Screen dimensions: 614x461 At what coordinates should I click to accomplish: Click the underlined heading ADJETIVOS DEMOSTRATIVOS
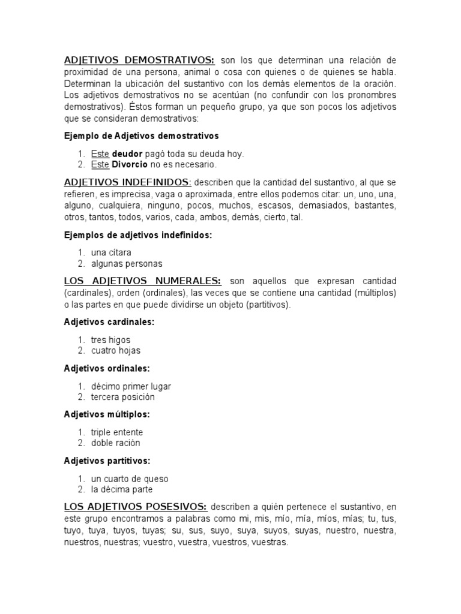(139, 61)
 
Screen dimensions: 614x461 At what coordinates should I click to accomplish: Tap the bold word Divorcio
(131, 164)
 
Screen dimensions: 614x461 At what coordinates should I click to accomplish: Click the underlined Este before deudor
(100, 153)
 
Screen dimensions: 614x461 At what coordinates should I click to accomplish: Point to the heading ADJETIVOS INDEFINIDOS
(128, 182)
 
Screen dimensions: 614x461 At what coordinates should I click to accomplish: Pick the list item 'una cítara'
(111, 252)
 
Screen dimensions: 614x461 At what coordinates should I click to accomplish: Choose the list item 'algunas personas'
(127, 264)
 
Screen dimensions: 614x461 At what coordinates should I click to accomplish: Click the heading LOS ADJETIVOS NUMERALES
(143, 281)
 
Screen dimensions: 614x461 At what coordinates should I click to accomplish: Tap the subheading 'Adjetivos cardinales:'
(109, 322)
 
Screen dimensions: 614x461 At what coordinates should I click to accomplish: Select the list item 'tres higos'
(110, 340)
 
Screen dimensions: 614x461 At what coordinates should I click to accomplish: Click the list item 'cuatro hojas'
(116, 351)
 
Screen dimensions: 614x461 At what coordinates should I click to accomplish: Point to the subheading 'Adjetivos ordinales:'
(107, 368)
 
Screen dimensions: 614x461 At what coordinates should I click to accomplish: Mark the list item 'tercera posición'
(123, 397)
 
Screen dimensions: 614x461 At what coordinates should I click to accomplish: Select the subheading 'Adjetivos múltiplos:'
(107, 414)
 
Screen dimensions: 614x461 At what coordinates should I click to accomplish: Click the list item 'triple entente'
(117, 432)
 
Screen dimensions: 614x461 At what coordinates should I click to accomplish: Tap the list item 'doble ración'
(116, 443)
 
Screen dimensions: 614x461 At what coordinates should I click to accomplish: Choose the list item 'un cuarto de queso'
(130, 479)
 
